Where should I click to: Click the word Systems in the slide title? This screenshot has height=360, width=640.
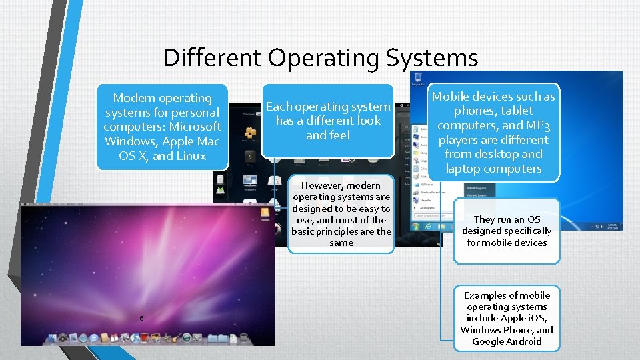click(431, 58)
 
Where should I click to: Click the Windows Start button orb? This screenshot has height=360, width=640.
click(414, 227)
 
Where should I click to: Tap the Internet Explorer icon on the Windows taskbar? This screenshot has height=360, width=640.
click(429, 227)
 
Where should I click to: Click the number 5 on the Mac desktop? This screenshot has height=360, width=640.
click(141, 317)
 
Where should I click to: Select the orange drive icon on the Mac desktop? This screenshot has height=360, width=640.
click(265, 213)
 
